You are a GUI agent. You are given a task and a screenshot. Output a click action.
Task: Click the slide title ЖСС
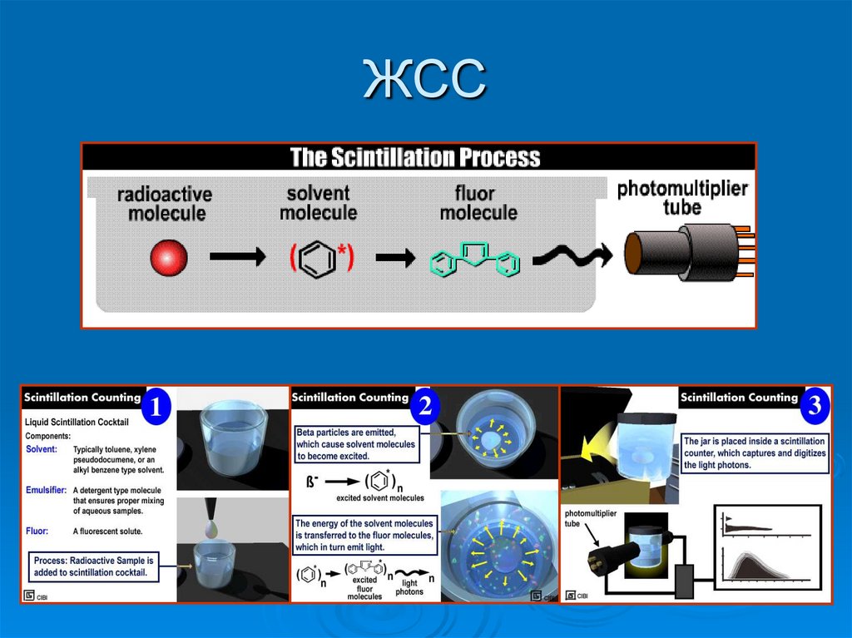425,81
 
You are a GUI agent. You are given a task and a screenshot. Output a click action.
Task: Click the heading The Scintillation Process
414,157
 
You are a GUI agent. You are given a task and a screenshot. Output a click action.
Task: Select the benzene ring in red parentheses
322,258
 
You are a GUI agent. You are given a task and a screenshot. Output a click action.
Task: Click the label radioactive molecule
164,204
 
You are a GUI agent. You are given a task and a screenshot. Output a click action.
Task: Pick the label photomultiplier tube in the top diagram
681,197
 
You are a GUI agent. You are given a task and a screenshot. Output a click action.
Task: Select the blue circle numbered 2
425,406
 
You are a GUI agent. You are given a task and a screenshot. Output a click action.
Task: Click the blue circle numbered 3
814,406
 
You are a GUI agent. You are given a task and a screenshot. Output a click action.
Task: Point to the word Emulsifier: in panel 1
46,490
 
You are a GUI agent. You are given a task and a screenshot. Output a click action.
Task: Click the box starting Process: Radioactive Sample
93,566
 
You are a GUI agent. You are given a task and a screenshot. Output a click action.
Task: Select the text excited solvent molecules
379,498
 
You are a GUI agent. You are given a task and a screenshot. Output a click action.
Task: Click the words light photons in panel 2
407,588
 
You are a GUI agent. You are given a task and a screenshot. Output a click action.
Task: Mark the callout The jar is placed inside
755,453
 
